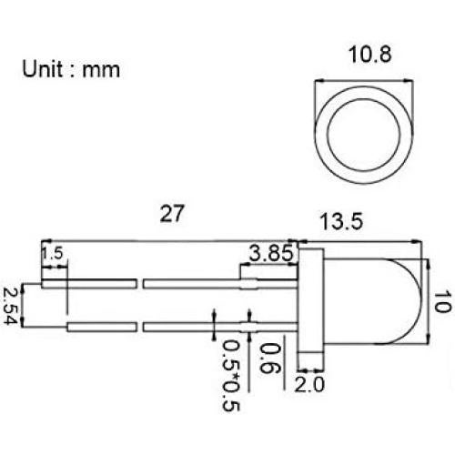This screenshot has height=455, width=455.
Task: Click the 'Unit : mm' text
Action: (71, 68)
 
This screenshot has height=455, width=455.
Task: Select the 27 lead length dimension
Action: (172, 215)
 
